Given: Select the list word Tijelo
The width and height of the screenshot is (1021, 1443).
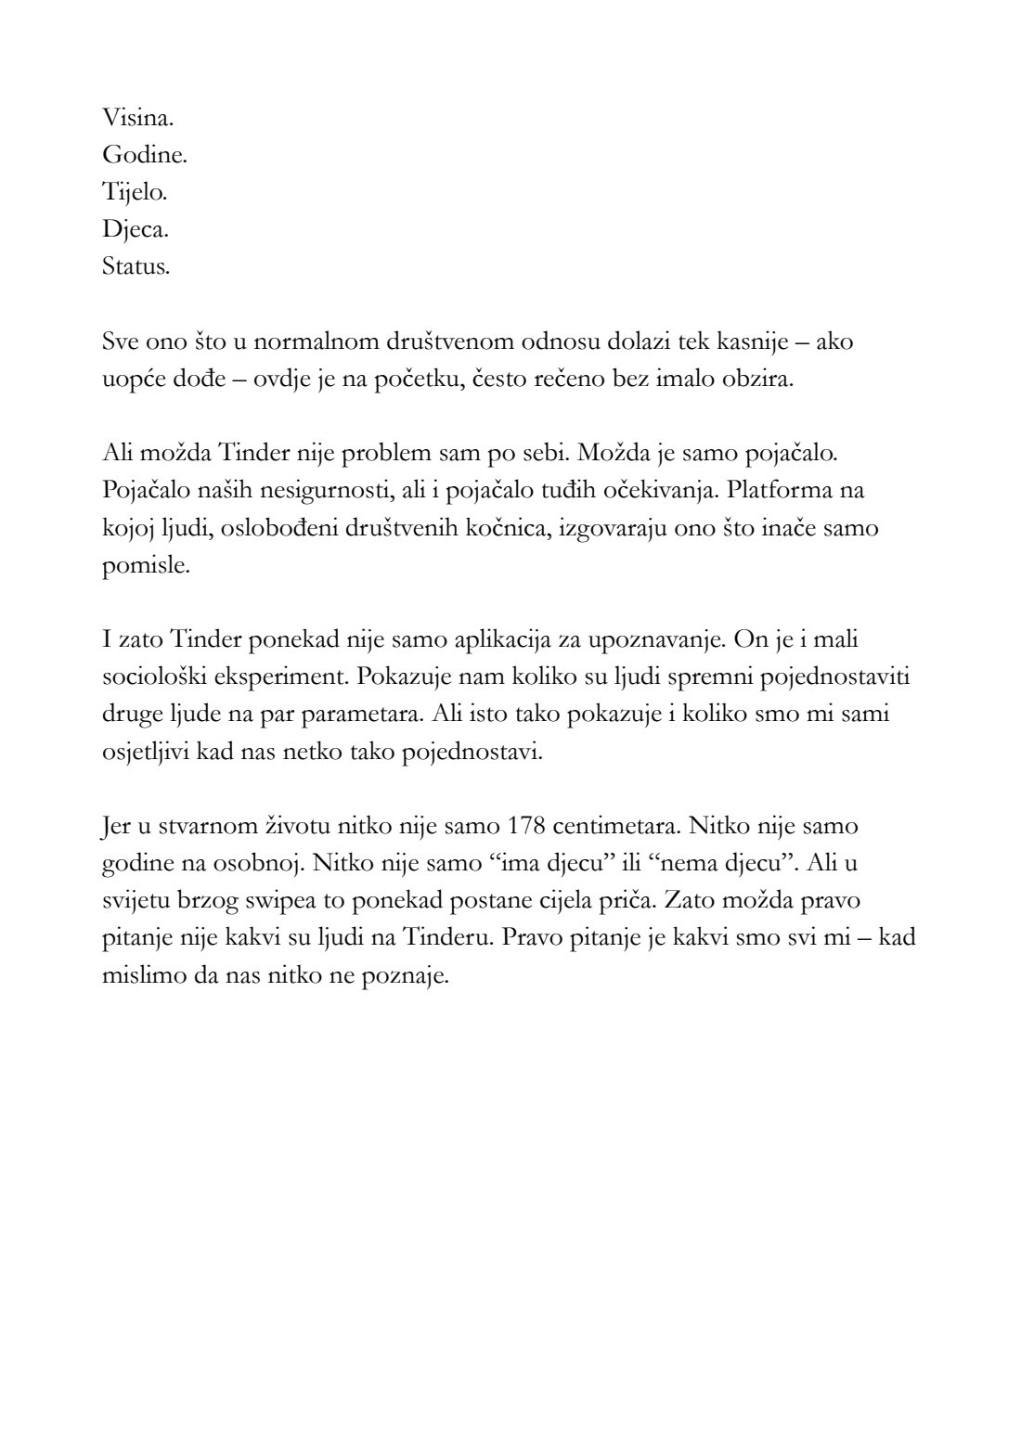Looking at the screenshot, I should point(135,193).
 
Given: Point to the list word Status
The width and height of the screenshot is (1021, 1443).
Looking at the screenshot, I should point(136,267).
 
